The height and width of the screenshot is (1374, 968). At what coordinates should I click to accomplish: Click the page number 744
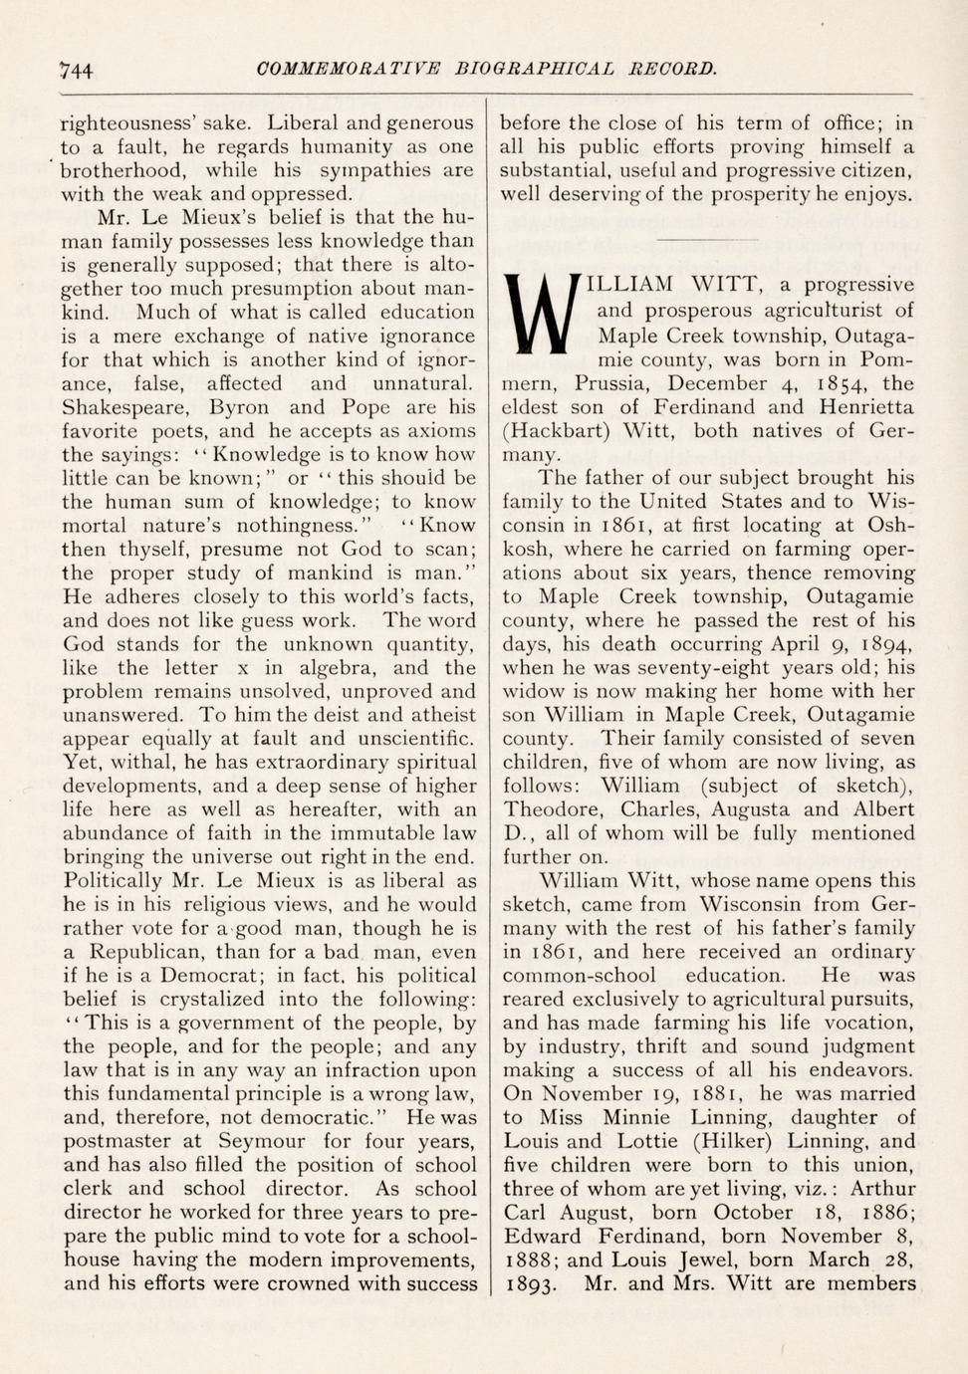coord(76,70)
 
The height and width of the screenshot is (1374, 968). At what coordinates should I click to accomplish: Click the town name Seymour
coord(265,1141)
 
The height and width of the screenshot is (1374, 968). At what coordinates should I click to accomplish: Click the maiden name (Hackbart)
coord(557,431)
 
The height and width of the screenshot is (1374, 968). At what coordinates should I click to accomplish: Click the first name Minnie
coord(631,1118)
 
